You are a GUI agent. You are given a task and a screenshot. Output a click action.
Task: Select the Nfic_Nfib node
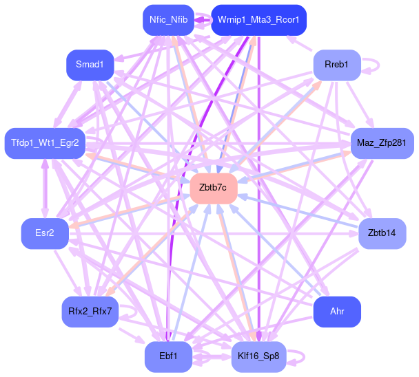tap(168, 19)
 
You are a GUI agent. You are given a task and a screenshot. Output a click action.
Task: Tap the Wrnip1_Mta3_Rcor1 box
tap(258, 19)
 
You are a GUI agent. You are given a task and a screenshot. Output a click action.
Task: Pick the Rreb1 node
tap(337, 65)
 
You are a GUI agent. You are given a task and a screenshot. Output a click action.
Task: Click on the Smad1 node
tap(90, 65)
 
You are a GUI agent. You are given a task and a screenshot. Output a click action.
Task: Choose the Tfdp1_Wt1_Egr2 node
tap(45, 143)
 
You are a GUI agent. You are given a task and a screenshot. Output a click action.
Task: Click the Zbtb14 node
tap(382, 234)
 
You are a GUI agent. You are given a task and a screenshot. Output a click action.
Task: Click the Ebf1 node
tap(168, 357)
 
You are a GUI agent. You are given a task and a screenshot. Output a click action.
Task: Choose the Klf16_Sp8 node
tap(258, 357)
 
